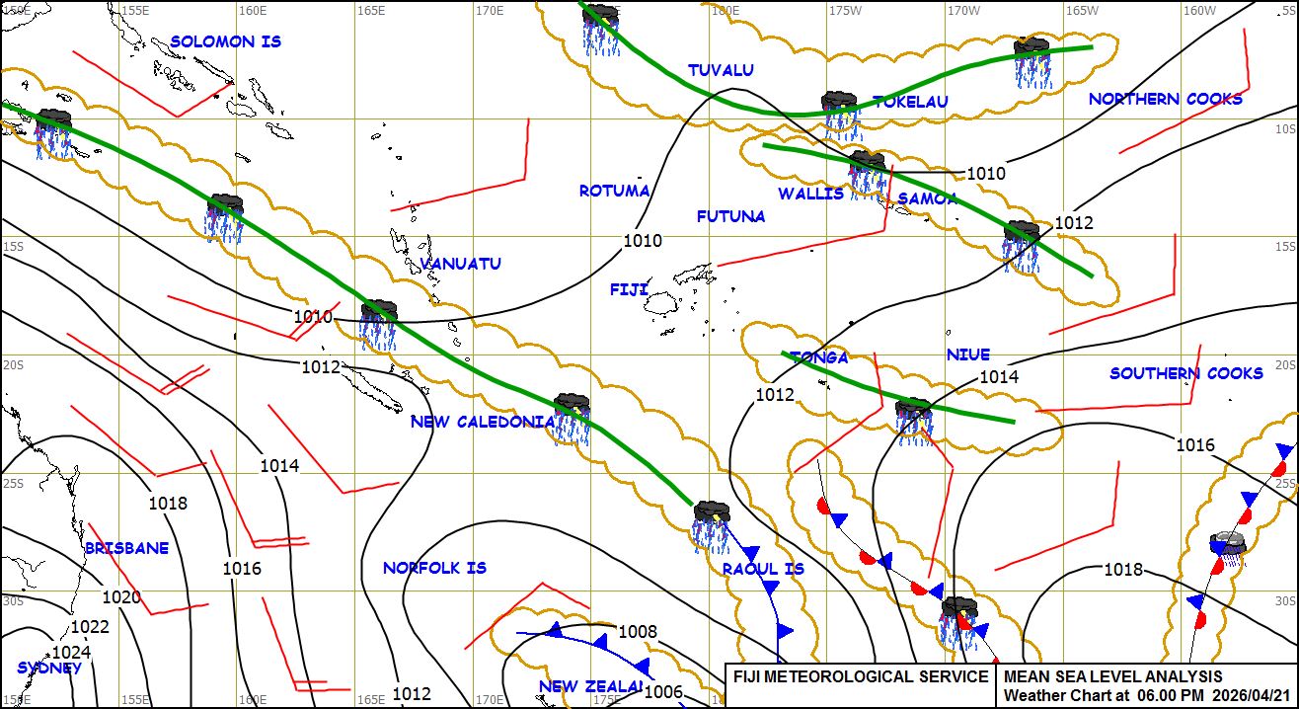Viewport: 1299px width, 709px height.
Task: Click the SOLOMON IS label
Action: point(225,41)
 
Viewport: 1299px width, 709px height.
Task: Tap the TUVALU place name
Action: point(721,70)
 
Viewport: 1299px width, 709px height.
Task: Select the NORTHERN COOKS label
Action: point(1165,99)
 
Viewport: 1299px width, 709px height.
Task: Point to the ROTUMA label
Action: point(614,191)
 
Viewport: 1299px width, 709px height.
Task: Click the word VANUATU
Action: point(460,264)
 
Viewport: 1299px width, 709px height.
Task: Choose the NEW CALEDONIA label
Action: point(483,422)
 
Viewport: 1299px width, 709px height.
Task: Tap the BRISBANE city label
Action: point(126,548)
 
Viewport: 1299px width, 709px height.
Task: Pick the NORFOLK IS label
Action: point(434,568)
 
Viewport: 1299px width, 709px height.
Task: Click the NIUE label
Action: point(967,354)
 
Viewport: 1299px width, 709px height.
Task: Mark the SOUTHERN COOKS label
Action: point(1185,373)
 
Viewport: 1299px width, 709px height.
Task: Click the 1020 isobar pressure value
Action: point(121,597)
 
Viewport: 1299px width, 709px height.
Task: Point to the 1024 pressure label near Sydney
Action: point(71,653)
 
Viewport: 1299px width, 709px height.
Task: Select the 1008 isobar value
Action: point(638,632)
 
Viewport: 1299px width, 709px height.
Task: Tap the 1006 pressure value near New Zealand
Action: point(663,692)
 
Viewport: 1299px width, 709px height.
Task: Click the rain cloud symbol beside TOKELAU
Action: point(839,109)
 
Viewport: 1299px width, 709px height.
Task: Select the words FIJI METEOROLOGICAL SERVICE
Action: point(860,676)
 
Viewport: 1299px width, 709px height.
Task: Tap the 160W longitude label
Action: point(1199,10)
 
